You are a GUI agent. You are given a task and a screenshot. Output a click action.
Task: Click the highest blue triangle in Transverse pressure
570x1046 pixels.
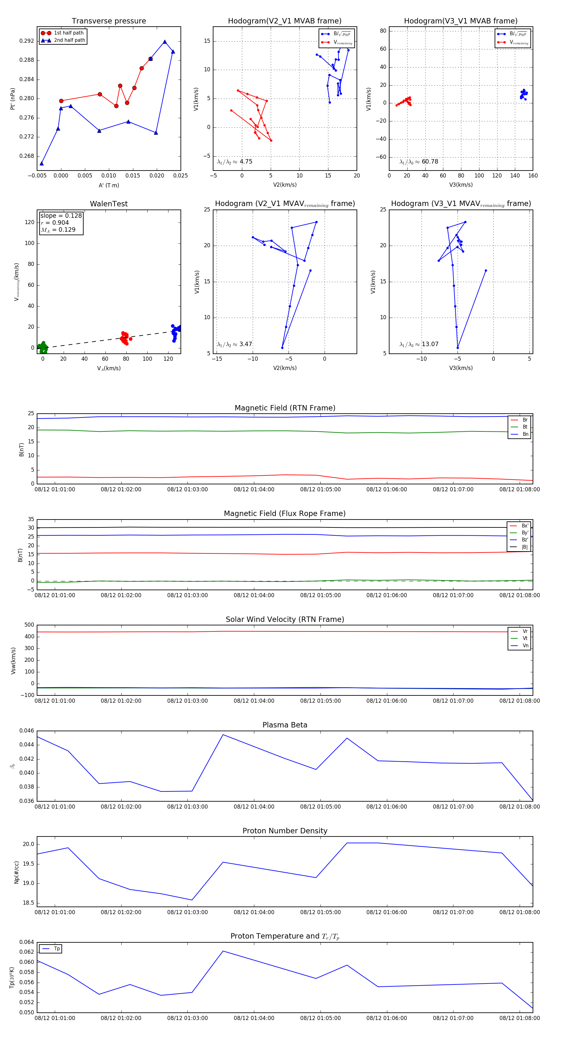tap(165, 42)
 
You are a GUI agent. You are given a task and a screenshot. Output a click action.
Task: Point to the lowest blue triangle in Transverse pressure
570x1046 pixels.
tap(41, 163)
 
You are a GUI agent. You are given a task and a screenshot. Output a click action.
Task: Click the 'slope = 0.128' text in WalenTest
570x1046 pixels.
tap(61, 216)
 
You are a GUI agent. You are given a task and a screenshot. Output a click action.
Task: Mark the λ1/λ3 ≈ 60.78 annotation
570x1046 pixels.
tap(419, 162)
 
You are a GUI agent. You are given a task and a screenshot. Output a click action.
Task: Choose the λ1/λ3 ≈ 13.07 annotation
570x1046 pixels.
tap(419, 344)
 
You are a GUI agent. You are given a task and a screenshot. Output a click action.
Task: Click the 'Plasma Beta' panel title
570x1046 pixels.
tap(285, 725)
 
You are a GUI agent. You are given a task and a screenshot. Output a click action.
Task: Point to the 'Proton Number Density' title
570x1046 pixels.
tap(285, 831)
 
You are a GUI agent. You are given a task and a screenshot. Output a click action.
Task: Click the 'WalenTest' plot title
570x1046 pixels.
tap(109, 204)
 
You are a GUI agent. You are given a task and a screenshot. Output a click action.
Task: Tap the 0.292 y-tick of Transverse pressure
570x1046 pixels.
tap(27, 41)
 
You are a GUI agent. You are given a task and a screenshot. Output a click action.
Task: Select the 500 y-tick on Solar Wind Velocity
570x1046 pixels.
tap(29, 625)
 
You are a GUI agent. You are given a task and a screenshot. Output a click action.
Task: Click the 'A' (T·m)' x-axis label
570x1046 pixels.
tap(109, 185)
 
